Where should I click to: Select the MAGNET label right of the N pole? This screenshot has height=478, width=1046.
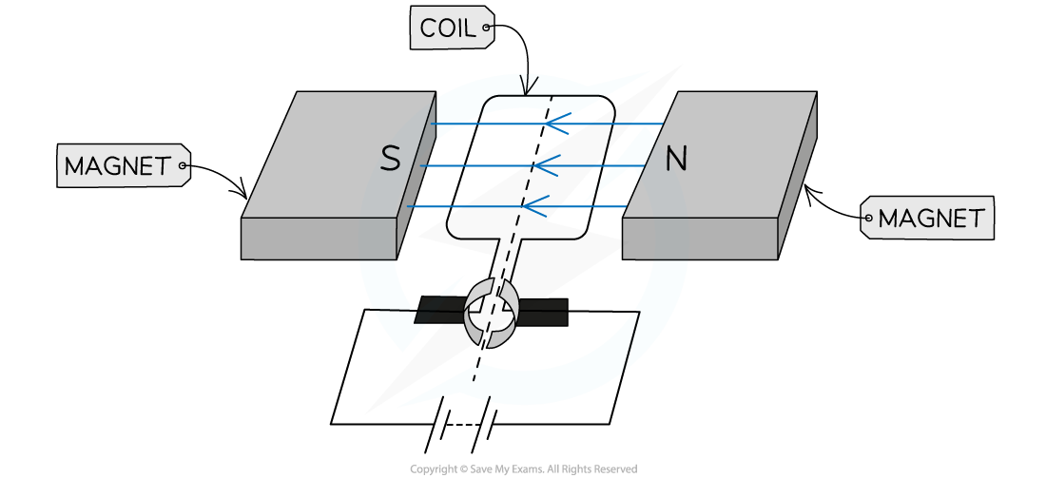pyautogui.click(x=929, y=219)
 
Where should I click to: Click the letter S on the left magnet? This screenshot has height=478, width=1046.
pyautogui.click(x=390, y=159)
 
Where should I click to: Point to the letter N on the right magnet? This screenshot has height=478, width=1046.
pyautogui.click(x=675, y=159)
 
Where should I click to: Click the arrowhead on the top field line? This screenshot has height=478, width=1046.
pyautogui.click(x=552, y=124)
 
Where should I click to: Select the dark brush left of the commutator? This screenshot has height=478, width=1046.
pyautogui.click(x=441, y=311)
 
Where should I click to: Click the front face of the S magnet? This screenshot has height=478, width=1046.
pyautogui.click(x=318, y=238)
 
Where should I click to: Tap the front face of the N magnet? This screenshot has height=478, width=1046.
pyautogui.click(x=699, y=238)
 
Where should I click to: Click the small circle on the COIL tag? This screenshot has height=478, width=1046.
pyautogui.click(x=486, y=29)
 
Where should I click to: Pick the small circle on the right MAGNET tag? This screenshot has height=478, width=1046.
pyautogui.click(x=867, y=219)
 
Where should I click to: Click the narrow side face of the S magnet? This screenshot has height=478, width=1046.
pyautogui.click(x=416, y=176)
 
